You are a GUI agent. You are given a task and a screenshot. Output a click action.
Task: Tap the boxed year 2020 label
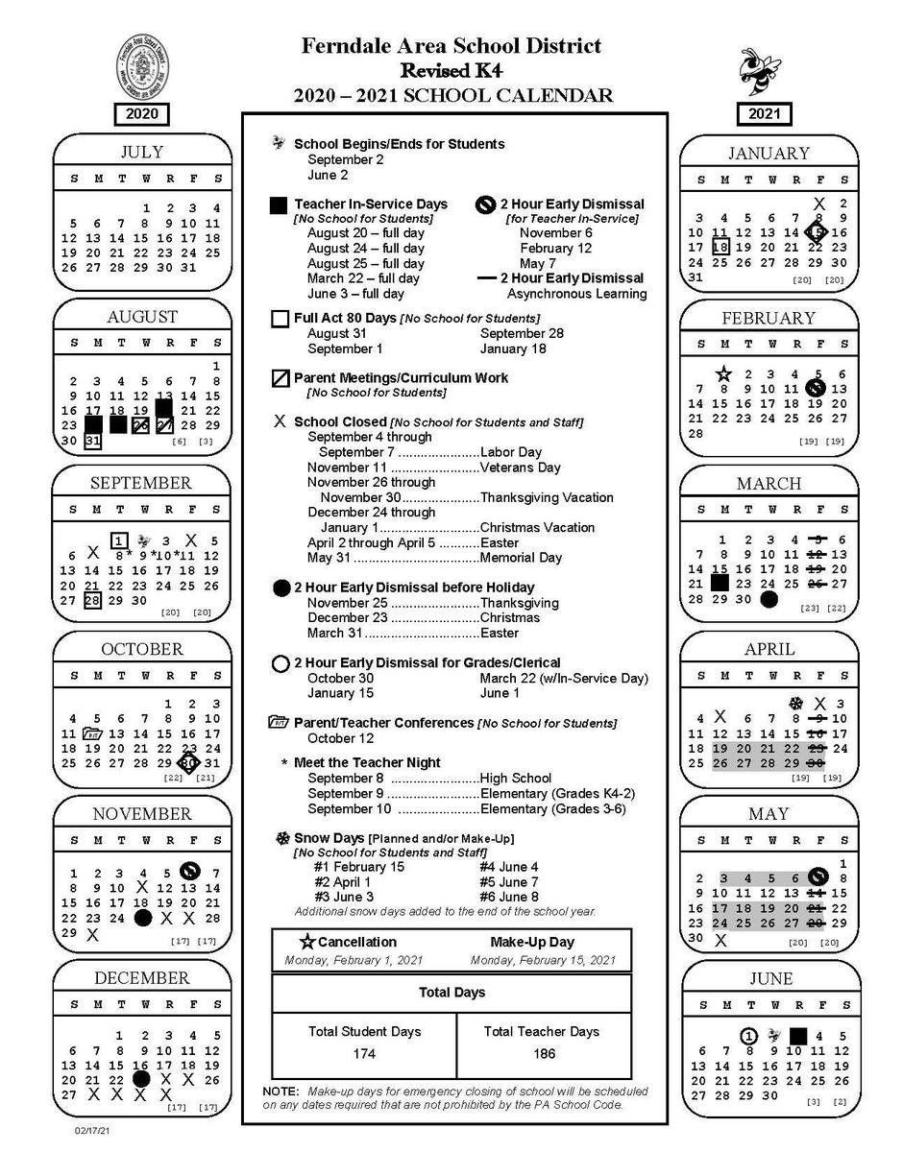[141, 114]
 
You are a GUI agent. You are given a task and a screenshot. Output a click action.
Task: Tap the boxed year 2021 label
[765, 114]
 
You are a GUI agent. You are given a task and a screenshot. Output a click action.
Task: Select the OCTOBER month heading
[141, 649]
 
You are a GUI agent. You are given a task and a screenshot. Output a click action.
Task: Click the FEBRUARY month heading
[768, 318]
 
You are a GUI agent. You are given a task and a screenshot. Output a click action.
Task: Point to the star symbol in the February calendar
[723, 373]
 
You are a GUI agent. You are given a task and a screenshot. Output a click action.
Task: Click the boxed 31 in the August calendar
[92, 441]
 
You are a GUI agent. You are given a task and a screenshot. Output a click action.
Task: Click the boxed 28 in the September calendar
[92, 600]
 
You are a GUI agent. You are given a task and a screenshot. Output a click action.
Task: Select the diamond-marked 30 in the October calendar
[188, 763]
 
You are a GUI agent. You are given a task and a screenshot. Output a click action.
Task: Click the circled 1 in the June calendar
[749, 1036]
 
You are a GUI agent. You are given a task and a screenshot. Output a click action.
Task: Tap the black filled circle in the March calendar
[769, 599]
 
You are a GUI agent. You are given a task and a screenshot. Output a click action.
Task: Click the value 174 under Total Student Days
[364, 1054]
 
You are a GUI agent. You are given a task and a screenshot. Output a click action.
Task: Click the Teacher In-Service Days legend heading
[370, 204]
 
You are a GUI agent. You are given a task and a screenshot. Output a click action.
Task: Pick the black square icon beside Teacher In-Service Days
[280, 204]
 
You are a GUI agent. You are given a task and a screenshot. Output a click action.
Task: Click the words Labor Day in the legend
[511, 452]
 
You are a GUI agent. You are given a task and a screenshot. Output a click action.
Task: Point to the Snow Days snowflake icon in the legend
[282, 838]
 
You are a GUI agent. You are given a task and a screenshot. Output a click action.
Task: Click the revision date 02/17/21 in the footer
[91, 1132]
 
